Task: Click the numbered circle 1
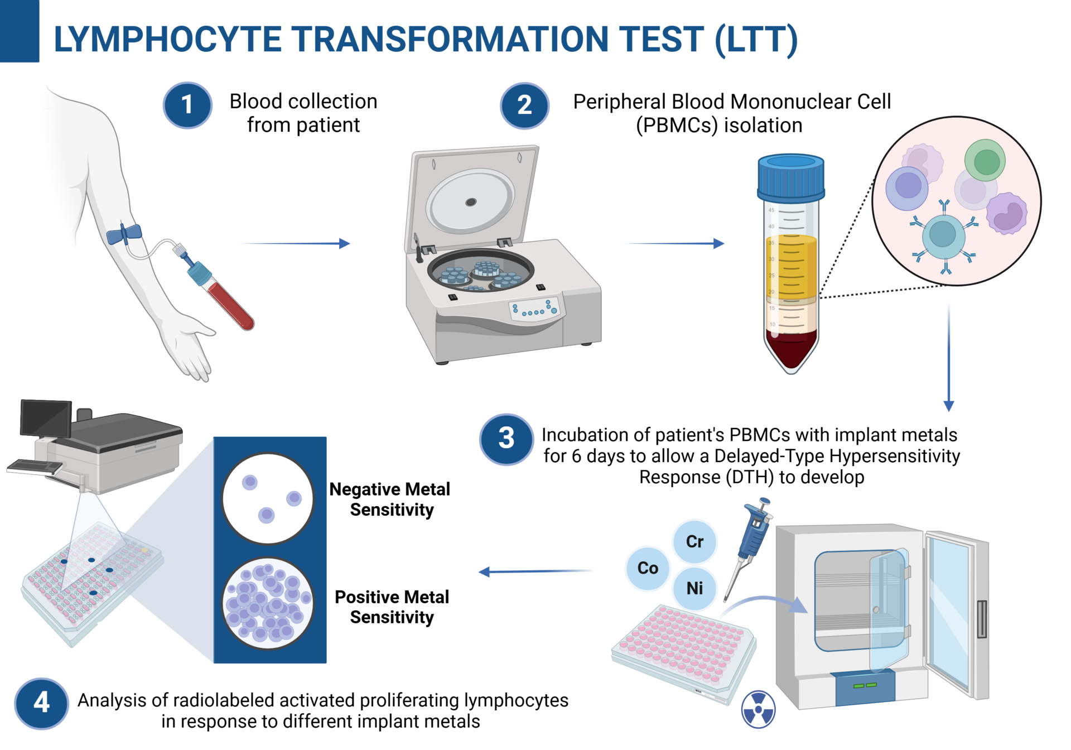pos(187,105)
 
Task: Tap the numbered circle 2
pos(524,105)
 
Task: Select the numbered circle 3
pos(506,439)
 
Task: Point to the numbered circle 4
pos(41,703)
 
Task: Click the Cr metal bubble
pos(694,541)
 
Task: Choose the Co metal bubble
pos(648,568)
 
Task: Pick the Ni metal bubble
pos(694,588)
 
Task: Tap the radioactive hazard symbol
pos(758,710)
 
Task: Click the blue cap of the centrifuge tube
pos(790,178)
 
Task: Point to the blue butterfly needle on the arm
pos(124,234)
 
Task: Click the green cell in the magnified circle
pos(985,161)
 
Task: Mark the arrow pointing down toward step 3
pos(948,357)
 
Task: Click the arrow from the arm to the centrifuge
pos(296,243)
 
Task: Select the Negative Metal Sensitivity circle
pos(268,498)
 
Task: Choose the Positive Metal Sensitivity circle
pos(268,603)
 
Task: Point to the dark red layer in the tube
pos(790,349)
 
